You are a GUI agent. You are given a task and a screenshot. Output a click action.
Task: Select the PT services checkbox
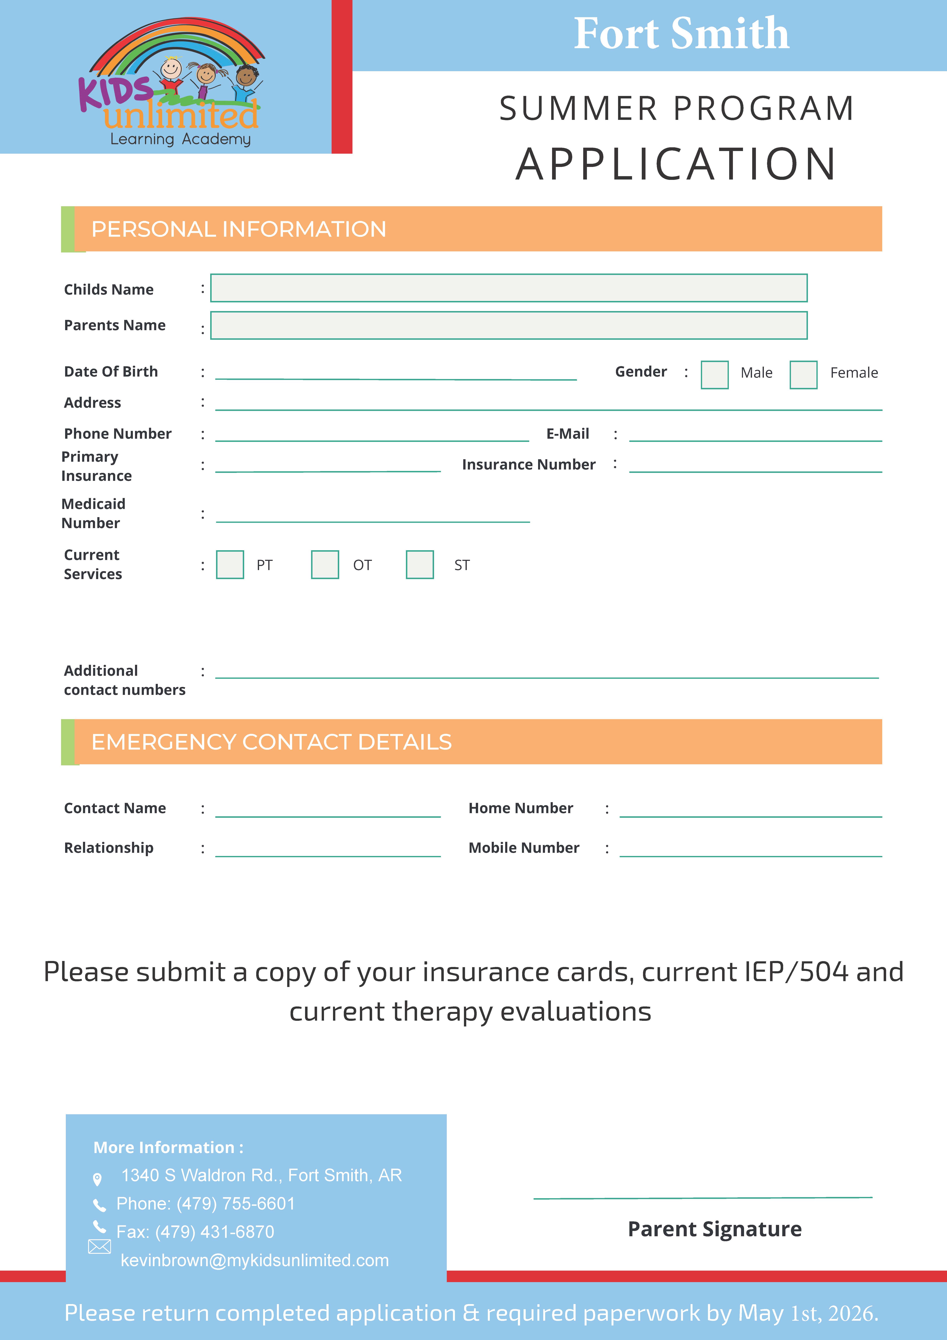pos(230,564)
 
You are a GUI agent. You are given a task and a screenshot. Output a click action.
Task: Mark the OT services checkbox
pos(325,564)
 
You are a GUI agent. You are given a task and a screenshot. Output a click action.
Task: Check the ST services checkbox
pos(420,564)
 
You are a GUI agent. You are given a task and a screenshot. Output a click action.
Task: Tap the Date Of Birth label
pos(111,372)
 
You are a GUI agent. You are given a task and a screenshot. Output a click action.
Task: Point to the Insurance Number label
pos(529,465)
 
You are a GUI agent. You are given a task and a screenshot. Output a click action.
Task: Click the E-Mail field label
pos(567,434)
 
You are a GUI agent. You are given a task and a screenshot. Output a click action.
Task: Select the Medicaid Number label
pos(93,513)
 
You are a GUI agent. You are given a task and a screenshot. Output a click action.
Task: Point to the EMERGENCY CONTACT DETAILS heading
pos(271,742)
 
